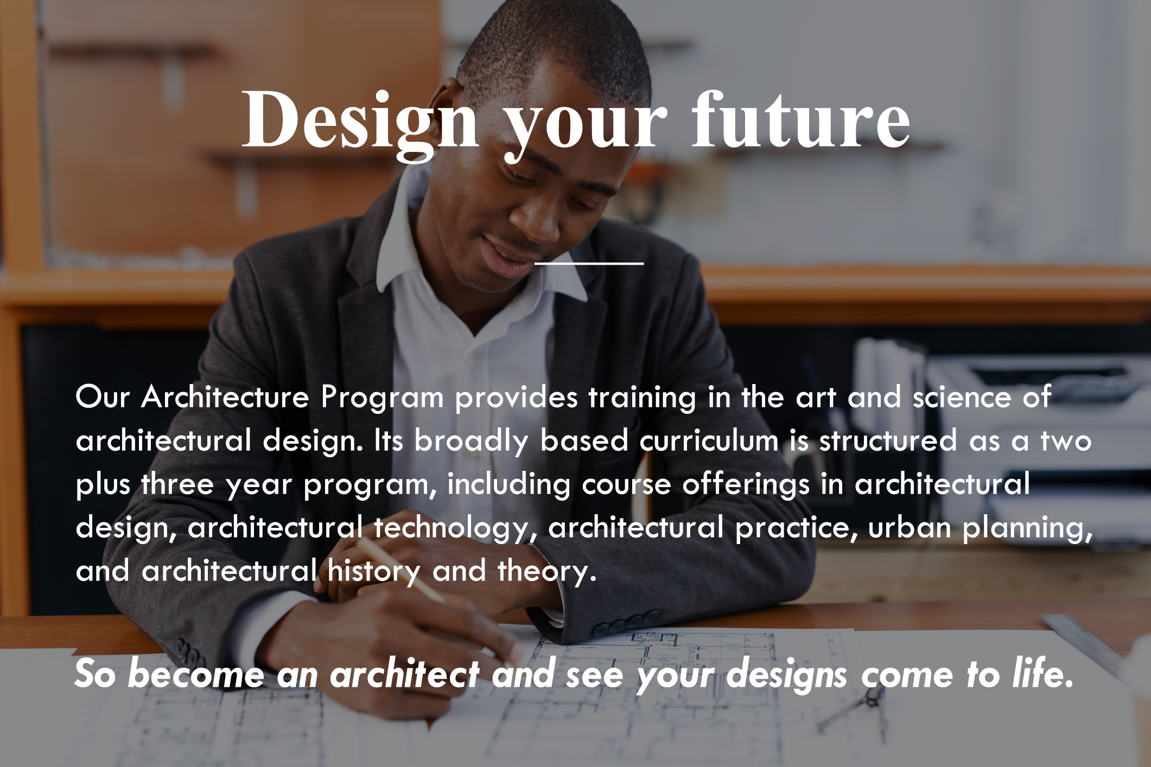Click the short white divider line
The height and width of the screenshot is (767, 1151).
589,264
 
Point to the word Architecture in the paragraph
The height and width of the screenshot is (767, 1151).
225,397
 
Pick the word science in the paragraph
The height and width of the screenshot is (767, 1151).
962,397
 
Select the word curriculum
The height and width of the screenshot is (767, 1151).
709,440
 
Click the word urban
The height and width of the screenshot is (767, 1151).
910,527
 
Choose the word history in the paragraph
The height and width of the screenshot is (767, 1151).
374,572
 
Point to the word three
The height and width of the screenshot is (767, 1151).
177,484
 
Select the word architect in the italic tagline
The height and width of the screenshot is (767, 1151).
404,674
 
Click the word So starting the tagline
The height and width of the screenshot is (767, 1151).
94,674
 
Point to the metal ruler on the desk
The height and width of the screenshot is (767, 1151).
1080,640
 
